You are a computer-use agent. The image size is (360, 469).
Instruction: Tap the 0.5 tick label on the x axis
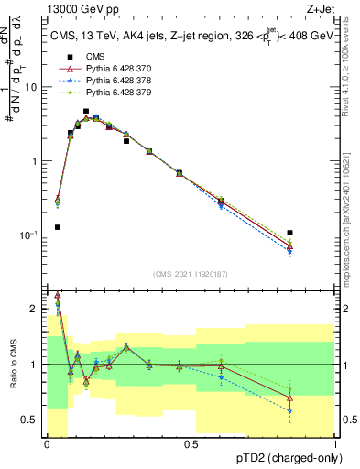coord(191,442)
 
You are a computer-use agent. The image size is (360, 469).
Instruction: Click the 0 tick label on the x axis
coord(47,442)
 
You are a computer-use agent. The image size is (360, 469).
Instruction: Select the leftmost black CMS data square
coord(58,227)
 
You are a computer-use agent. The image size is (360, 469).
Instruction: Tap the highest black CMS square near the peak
coord(86,111)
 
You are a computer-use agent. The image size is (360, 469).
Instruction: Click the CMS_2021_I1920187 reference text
coord(191,274)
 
